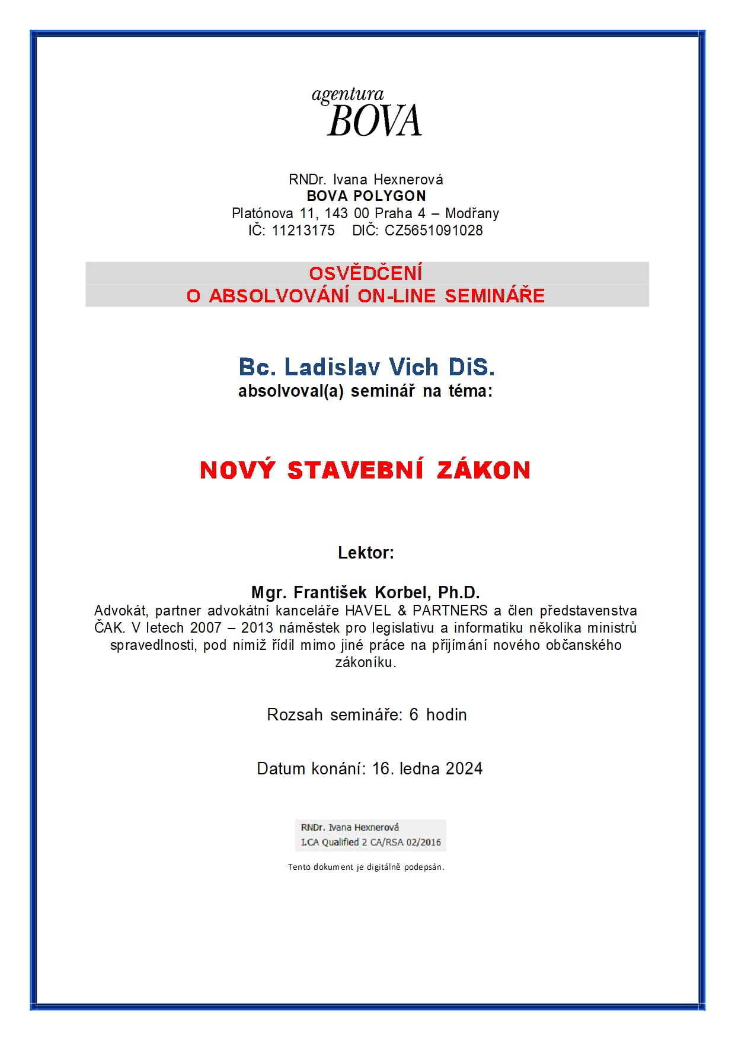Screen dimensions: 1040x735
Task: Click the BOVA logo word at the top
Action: point(374,122)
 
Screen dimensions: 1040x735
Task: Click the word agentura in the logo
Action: point(348,95)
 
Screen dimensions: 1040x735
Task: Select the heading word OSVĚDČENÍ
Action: point(366,273)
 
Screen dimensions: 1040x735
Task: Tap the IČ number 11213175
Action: point(303,231)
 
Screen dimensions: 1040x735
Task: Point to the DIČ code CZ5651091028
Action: point(434,231)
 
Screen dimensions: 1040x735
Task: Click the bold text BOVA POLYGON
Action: point(366,196)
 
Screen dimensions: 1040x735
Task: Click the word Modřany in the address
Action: point(472,213)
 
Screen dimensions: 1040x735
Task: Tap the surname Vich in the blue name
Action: point(414,368)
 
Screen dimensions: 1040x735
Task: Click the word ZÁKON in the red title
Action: point(484,470)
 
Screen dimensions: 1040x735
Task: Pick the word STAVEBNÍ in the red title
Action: point(355,470)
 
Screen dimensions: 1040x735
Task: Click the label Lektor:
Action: point(366,553)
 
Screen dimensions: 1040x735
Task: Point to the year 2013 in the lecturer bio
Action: point(257,628)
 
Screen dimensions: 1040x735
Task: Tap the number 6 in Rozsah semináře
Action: point(414,715)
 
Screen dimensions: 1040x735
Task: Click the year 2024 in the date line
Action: point(464,769)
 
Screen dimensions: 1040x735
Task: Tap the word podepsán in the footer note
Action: point(424,867)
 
